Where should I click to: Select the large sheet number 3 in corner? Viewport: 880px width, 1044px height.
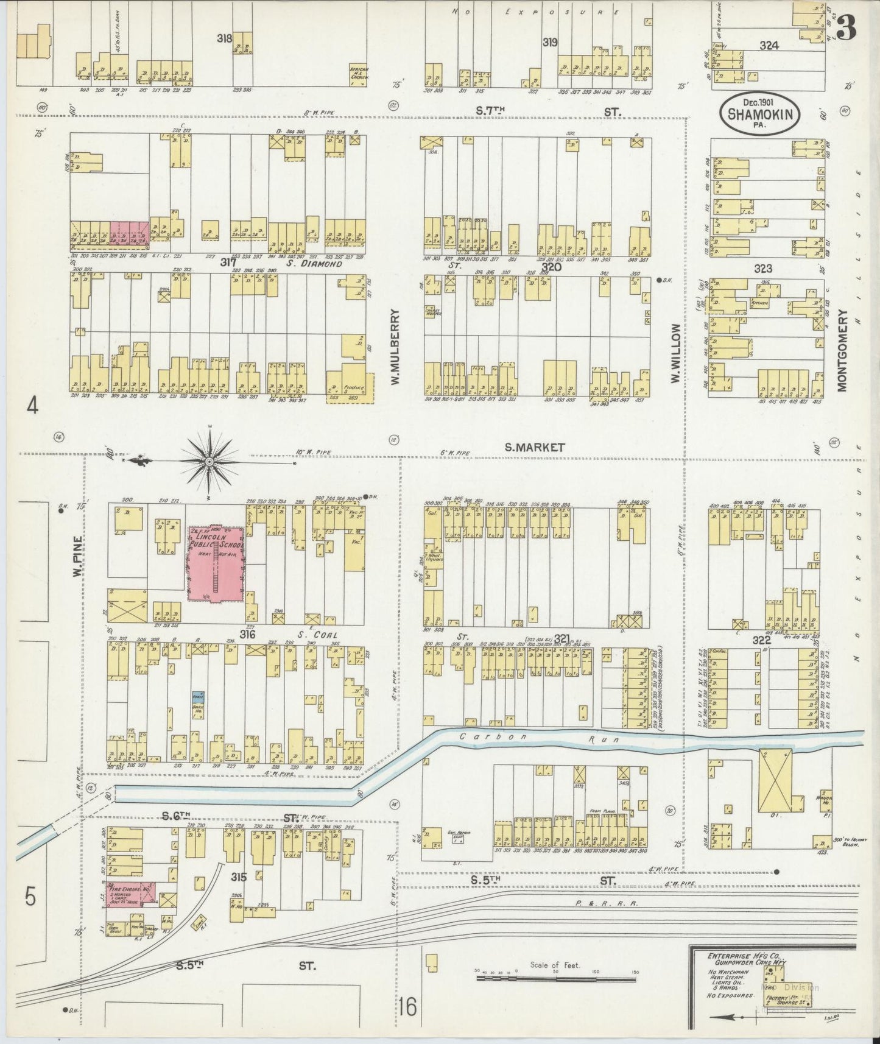[847, 28]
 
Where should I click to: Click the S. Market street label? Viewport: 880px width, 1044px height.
[534, 447]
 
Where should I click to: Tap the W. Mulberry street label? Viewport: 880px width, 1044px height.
[395, 347]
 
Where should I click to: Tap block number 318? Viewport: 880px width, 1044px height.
[225, 38]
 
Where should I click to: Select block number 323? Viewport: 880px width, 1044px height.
[762, 268]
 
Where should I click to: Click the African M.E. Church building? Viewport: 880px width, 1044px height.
[358, 75]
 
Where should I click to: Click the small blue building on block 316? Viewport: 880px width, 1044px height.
[199, 696]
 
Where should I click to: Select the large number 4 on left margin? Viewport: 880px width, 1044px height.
[32, 405]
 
